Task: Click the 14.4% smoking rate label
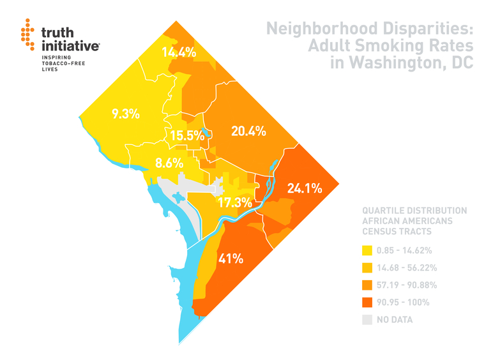tap(179, 52)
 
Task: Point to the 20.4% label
tap(248, 131)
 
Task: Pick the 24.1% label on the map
tap(305, 188)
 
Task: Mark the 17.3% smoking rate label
tap(234, 203)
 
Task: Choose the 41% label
tap(231, 259)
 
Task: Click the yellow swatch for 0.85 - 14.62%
tap(367, 250)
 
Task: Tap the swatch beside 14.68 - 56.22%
tap(367, 267)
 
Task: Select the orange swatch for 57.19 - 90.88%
tap(367, 285)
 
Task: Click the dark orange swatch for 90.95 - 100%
tap(367, 302)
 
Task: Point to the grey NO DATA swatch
tap(367, 319)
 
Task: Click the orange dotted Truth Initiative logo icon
tap(27, 34)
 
